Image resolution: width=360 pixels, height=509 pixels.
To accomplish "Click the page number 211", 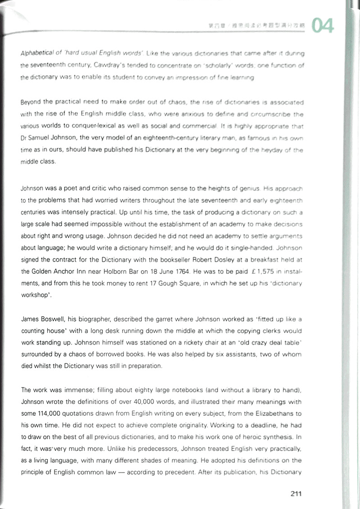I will point(296,494).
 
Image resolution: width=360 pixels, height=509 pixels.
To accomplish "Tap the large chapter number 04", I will point(323,26).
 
